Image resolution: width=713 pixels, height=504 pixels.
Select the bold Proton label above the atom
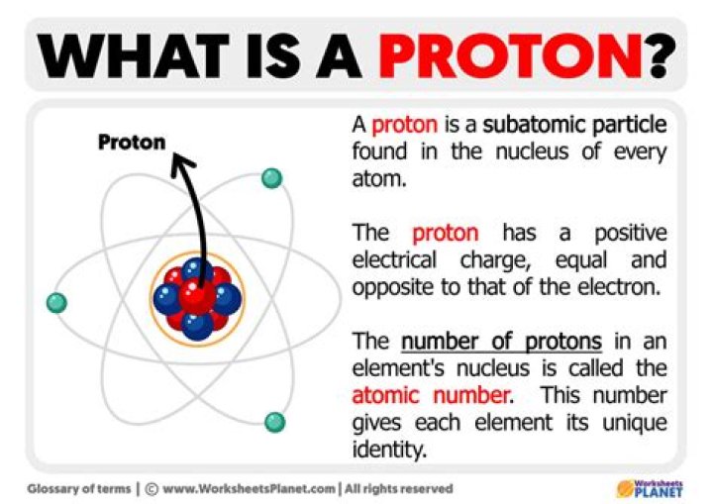pos(132,143)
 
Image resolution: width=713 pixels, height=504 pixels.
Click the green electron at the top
pos(271,178)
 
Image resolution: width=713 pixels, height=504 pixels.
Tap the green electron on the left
pos(56,302)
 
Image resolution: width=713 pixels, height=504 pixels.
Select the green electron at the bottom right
pos(275,422)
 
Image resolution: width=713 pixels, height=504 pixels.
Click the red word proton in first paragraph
pos(402,126)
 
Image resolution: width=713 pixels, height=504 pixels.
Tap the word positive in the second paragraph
pos(630,234)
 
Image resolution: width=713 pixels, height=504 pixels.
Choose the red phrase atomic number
pos(431,396)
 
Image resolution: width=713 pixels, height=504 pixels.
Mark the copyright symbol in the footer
pos(152,488)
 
